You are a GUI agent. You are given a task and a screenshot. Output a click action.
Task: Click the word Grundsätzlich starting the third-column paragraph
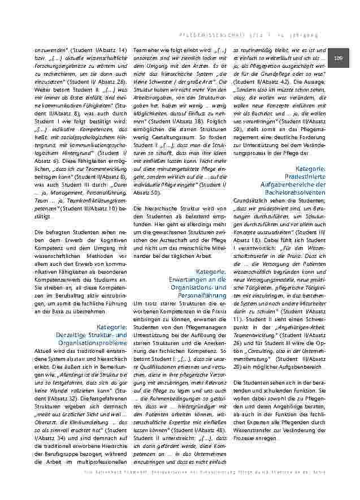[251, 200]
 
